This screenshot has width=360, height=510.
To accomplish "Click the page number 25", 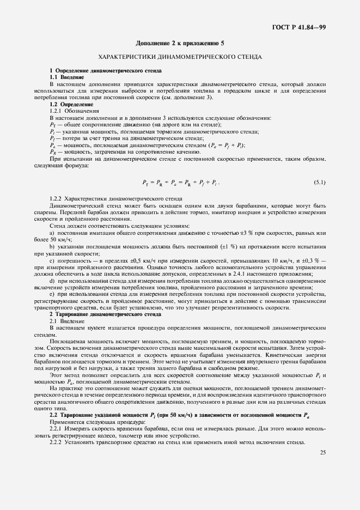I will (x=322, y=452).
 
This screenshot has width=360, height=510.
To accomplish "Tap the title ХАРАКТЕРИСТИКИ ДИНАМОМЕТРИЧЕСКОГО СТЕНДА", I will (x=180, y=57).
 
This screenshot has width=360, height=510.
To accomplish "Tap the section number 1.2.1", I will (x=57, y=111).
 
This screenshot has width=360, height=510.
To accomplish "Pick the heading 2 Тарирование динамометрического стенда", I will (x=105, y=315).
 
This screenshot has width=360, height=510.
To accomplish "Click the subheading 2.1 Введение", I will (x=64, y=321).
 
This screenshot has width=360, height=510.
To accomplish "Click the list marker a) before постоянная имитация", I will (x=52, y=233).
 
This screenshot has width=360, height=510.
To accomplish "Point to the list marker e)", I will (x=52, y=295).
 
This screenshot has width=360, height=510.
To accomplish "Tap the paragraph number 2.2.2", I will (x=57, y=442).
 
